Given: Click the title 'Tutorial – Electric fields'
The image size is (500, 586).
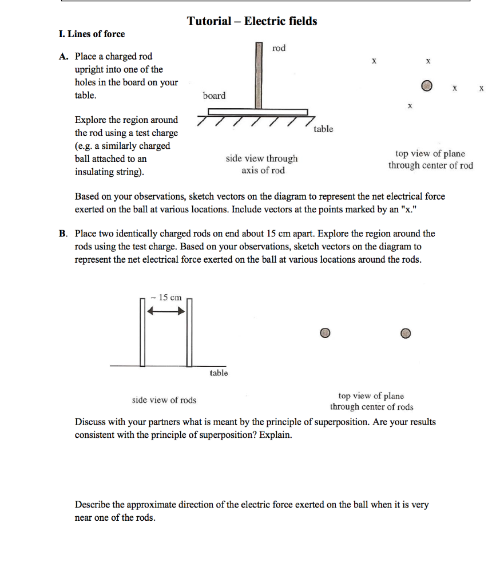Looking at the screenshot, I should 252,21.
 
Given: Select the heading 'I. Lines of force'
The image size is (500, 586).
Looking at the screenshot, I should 92,34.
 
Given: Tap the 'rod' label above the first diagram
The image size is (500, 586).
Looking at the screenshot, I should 279,48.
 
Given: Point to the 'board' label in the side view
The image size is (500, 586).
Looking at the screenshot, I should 214,96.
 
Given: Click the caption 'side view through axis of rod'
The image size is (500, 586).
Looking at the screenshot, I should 263,164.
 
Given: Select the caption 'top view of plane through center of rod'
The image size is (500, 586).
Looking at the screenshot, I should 431,160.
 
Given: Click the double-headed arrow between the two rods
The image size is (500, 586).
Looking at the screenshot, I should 166,311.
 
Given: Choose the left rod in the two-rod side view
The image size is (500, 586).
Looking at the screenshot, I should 141,332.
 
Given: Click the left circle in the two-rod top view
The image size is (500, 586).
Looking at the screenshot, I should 325,333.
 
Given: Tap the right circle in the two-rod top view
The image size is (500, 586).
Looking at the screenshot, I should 405,333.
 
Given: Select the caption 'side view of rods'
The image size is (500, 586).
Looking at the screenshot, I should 164,400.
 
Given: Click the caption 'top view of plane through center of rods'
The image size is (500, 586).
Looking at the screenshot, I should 371,401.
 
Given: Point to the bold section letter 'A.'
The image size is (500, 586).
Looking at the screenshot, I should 64,57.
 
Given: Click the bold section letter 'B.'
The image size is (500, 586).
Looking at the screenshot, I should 64,233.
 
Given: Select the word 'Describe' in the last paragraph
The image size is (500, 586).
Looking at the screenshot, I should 93,505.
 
